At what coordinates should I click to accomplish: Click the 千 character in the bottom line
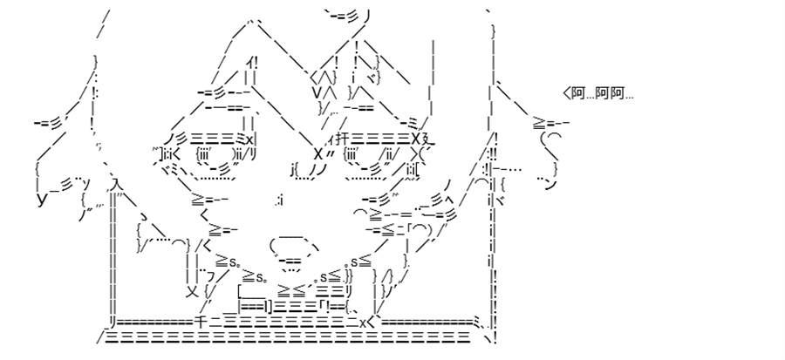pos(199,323)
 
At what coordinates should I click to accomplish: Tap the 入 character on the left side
pos(114,185)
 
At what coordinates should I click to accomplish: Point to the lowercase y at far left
pos(43,200)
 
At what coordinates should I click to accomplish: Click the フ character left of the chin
pos(210,275)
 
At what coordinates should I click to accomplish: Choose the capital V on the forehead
pos(317,92)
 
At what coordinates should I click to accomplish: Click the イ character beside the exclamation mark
pos(249,64)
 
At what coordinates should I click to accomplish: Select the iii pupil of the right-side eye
pos(351,153)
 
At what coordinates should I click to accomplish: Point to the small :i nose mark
pos(280,201)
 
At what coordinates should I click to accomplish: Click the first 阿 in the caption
pos(578,93)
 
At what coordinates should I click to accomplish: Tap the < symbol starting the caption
pos(567,93)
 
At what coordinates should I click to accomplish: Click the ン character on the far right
pos(550,185)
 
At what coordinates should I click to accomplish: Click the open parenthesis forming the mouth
pos(272,246)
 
